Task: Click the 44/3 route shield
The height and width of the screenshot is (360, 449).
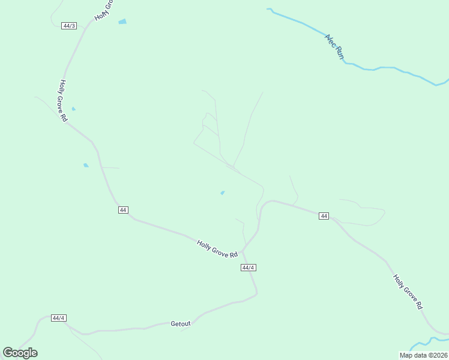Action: [x=69, y=26]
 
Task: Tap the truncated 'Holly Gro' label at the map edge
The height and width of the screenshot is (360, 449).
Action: [x=103, y=8]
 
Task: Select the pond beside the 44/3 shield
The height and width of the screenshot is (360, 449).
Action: [x=122, y=22]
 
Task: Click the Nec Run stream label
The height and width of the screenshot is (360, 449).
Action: [x=334, y=46]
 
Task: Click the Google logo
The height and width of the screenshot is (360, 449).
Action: [x=20, y=352]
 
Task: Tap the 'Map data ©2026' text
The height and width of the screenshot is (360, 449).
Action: [x=423, y=355]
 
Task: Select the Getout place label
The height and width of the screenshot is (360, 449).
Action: [x=180, y=323]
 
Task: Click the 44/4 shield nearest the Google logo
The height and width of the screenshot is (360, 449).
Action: [x=58, y=318]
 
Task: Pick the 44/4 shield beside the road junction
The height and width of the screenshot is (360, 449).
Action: [x=249, y=268]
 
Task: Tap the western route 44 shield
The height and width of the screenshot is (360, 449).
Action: [x=123, y=210]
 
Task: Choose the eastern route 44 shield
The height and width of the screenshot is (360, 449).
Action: [x=324, y=216]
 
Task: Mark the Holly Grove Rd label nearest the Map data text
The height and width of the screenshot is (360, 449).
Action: [x=408, y=292]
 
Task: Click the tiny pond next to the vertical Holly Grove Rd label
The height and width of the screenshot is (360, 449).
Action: [x=74, y=109]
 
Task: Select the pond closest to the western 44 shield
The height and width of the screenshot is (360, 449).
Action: [x=86, y=165]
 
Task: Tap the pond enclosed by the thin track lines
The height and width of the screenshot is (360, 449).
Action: [x=223, y=193]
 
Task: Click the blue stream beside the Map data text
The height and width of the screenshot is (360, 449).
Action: [x=429, y=342]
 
